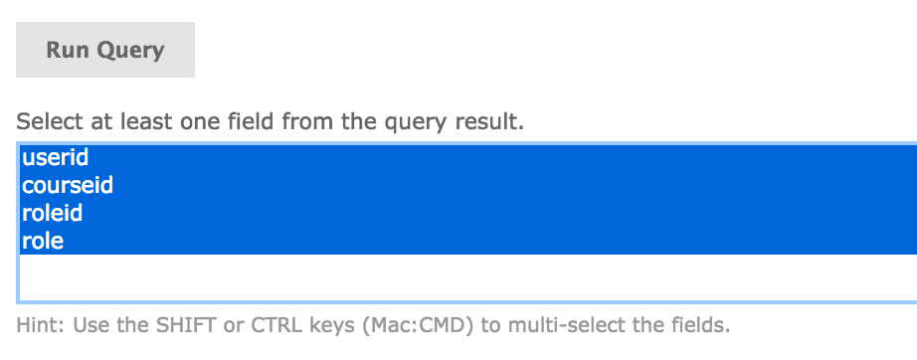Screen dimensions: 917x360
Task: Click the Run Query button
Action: click(x=105, y=50)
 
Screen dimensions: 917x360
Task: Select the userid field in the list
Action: click(x=55, y=157)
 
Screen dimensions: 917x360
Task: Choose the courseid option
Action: click(x=68, y=185)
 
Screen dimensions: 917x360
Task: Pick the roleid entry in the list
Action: click(x=52, y=213)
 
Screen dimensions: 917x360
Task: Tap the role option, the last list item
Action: click(x=42, y=241)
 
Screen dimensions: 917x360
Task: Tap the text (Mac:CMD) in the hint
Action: click(x=417, y=326)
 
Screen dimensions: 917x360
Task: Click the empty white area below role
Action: click(x=467, y=277)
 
